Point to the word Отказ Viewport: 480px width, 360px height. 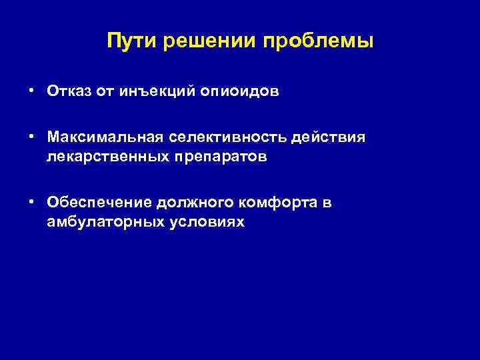69,91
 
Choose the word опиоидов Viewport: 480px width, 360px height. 237,91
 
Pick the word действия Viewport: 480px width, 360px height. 334,137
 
